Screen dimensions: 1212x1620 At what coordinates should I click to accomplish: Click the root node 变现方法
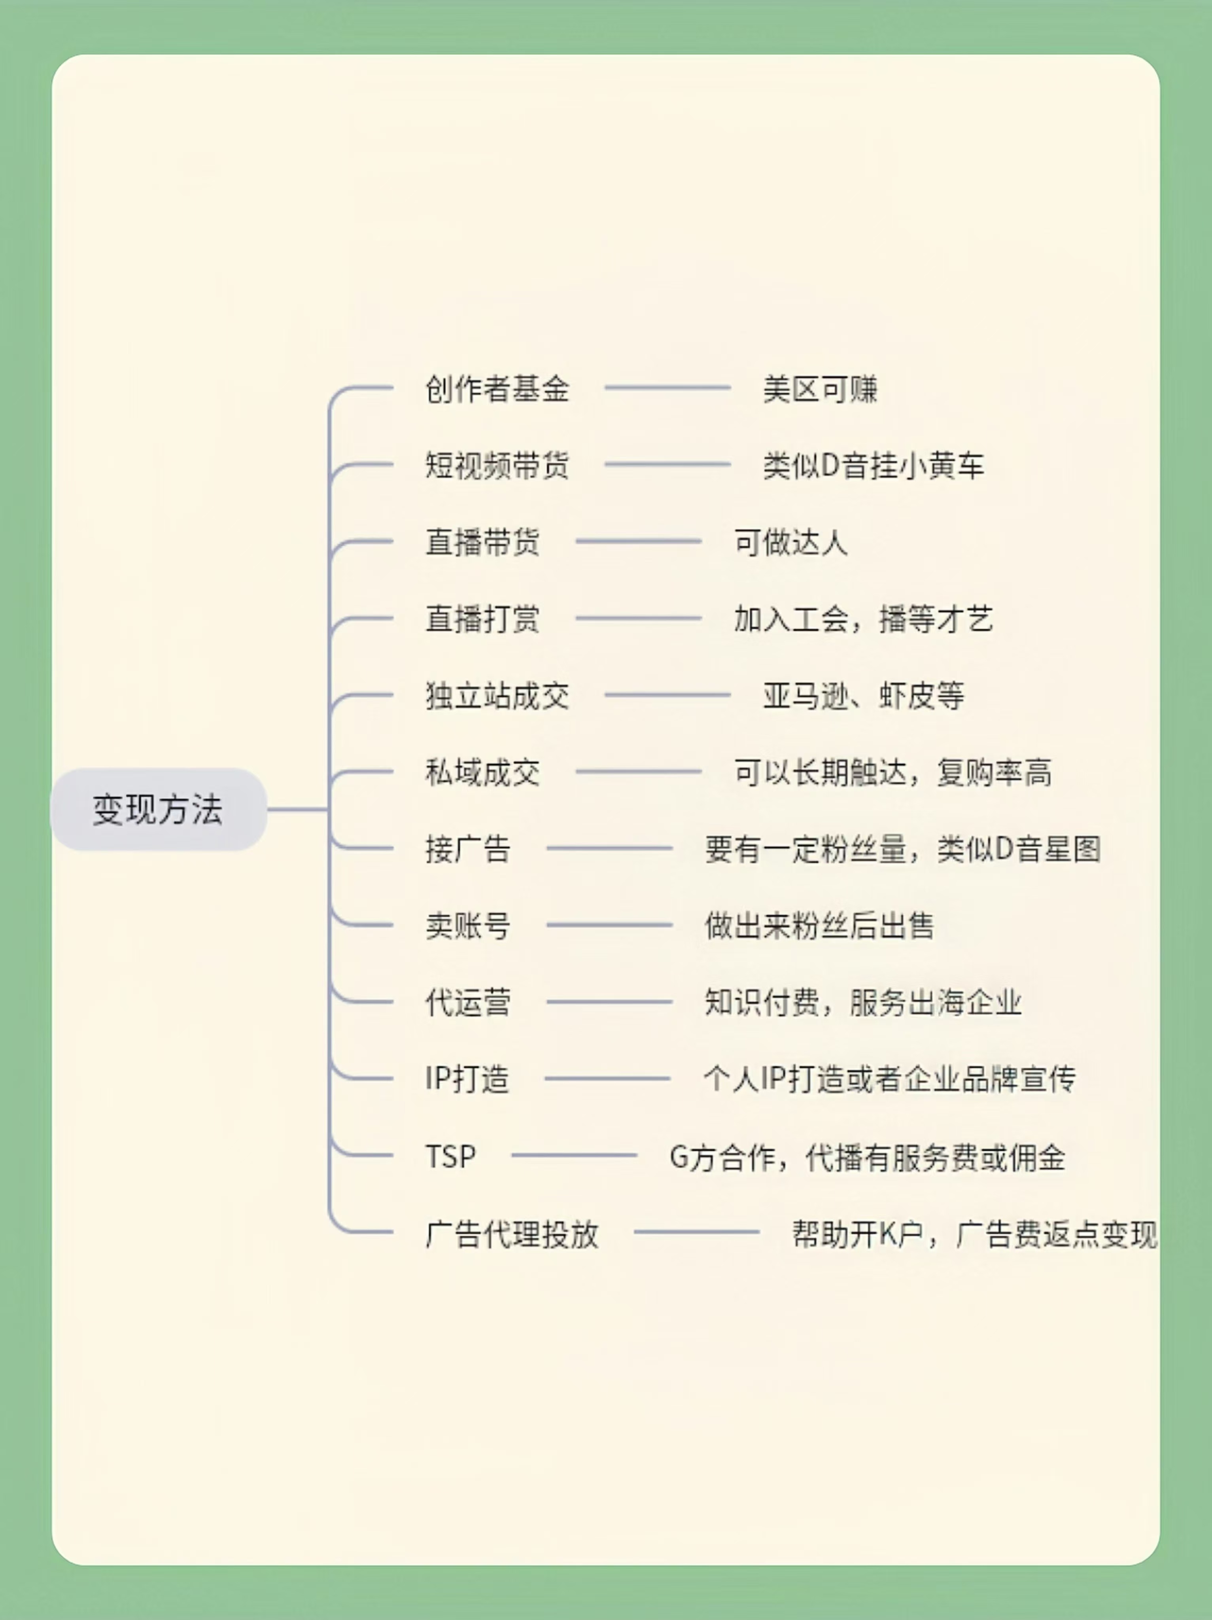(158, 809)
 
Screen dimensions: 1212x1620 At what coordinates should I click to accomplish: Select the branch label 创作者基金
(497, 389)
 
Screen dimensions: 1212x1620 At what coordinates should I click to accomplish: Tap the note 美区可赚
(820, 389)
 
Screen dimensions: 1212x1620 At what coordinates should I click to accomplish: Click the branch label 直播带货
(482, 542)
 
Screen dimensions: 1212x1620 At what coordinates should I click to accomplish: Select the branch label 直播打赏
(482, 619)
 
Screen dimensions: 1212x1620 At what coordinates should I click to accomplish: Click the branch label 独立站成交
(497, 696)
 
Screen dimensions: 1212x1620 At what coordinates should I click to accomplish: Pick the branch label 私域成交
(482, 773)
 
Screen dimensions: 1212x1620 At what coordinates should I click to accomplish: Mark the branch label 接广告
(468, 849)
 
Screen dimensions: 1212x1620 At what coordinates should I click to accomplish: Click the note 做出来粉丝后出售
(819, 926)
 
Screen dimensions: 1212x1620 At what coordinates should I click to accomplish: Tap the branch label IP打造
(467, 1079)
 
